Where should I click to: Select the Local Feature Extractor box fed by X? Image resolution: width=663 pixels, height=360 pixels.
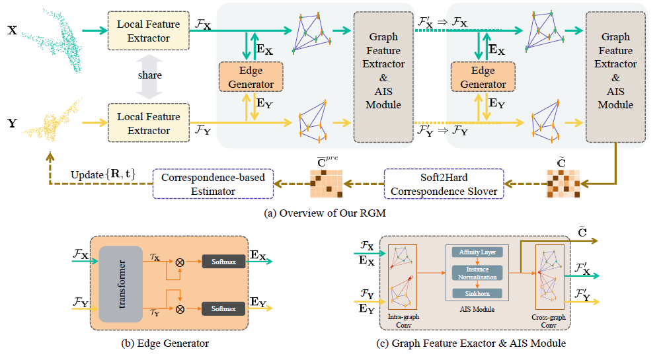[149, 31]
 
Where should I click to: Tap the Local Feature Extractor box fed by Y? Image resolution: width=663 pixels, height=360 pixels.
[149, 124]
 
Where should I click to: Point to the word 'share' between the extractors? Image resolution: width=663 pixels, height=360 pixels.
[149, 75]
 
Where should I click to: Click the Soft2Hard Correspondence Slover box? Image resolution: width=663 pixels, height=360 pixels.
[444, 184]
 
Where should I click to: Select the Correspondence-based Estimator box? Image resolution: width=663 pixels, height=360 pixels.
[213, 184]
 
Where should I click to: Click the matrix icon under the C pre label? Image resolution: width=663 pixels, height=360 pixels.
[326, 184]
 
